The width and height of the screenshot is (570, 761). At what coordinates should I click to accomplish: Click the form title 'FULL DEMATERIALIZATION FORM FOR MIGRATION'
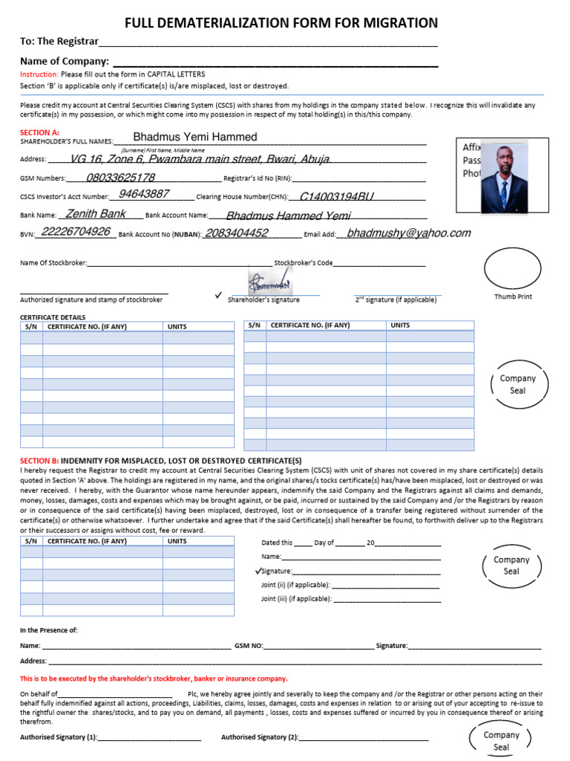281,23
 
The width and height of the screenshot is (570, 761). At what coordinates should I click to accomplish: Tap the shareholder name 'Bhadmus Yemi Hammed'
195,137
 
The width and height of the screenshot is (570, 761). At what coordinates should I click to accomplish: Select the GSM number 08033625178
121,178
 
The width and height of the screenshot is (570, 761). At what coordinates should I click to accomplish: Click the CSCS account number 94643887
144,194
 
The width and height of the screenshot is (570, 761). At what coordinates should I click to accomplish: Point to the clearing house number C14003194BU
336,197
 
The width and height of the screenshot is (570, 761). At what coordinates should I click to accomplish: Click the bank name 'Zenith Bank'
96,214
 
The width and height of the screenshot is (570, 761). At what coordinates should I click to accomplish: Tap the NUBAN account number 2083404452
236,233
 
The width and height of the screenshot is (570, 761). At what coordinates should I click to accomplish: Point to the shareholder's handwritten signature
270,283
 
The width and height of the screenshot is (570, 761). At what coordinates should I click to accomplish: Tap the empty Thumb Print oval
513,268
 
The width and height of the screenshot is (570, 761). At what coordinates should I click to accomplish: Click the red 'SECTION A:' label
39,132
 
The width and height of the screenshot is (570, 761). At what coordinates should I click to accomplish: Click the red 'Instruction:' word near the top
39,74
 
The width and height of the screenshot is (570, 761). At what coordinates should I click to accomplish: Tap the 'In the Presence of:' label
48,630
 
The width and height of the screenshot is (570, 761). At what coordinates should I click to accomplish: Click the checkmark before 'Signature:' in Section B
258,571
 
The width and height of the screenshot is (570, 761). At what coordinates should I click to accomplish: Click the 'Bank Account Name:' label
177,216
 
